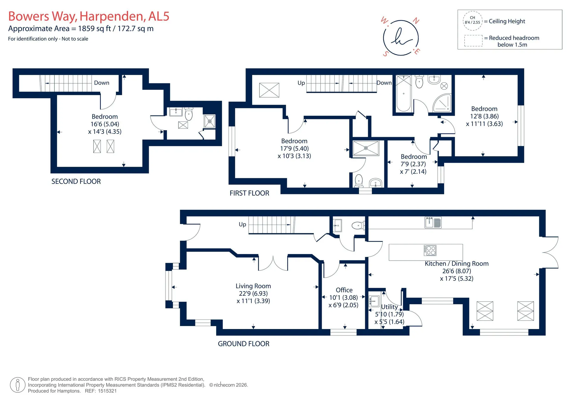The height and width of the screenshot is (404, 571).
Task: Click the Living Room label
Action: [253, 286]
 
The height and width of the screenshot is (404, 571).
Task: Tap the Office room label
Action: [344, 290]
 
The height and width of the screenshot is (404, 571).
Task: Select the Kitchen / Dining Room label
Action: [457, 264]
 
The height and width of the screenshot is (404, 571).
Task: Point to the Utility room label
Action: [389, 307]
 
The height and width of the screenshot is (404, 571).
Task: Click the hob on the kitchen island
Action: [430, 250]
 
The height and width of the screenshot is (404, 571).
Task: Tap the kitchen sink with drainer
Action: [433, 223]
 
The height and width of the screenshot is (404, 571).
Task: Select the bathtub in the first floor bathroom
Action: [404, 93]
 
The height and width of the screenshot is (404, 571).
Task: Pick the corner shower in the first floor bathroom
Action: [442, 103]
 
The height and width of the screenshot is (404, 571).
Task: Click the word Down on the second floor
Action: [102, 83]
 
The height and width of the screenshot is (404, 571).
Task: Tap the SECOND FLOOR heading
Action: [76, 181]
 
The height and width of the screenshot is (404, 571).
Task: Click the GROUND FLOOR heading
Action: [244, 344]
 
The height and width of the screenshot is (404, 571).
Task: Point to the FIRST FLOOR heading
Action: [250, 193]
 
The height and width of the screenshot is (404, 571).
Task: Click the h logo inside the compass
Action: [401, 37]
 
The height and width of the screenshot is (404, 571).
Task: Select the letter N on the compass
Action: [416, 21]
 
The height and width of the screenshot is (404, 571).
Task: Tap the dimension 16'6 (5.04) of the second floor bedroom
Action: [105, 124]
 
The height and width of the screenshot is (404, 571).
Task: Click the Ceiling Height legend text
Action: [507, 21]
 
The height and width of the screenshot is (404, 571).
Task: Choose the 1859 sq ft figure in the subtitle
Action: [95, 29]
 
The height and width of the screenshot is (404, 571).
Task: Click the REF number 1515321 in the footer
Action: [107, 391]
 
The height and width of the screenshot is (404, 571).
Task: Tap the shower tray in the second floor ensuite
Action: [210, 121]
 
